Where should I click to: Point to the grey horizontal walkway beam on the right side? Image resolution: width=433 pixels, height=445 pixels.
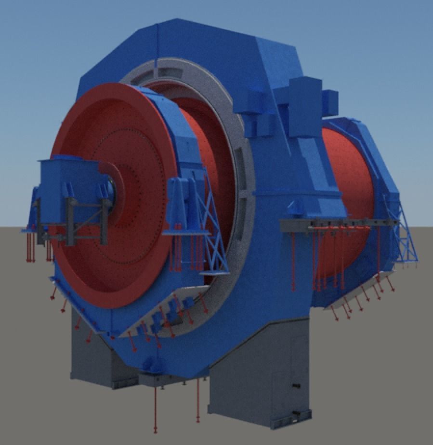coord(337,223)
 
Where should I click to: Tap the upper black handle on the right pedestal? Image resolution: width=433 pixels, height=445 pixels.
coord(295,386)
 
